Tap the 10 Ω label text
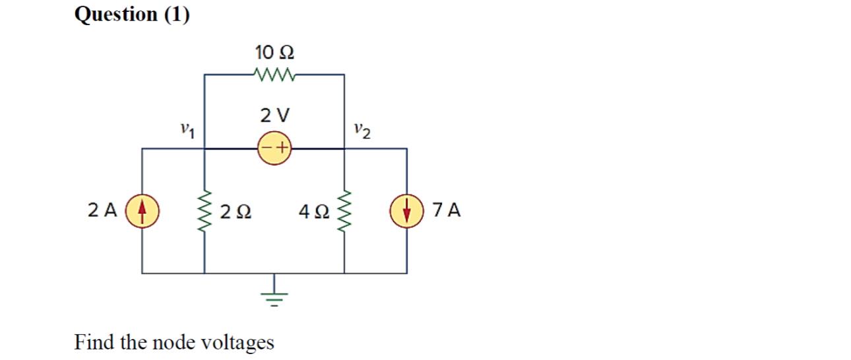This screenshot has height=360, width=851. (x=274, y=52)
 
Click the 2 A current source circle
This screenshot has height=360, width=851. (x=142, y=211)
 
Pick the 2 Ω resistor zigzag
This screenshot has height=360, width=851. (x=204, y=212)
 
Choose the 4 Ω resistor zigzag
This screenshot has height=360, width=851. (x=344, y=212)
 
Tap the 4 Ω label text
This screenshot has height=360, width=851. (x=312, y=212)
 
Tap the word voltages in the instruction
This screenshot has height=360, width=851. (x=240, y=343)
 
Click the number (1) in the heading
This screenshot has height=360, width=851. (x=176, y=15)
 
